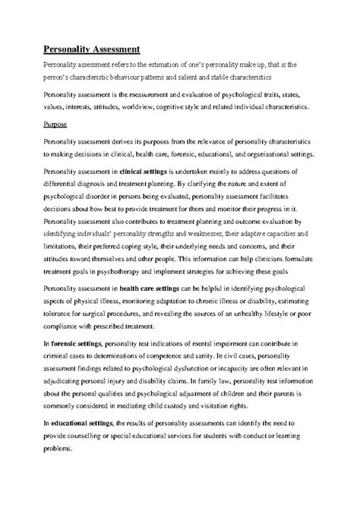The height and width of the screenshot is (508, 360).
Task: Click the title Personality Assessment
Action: (90, 49)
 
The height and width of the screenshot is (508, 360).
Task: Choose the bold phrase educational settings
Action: (83, 422)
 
